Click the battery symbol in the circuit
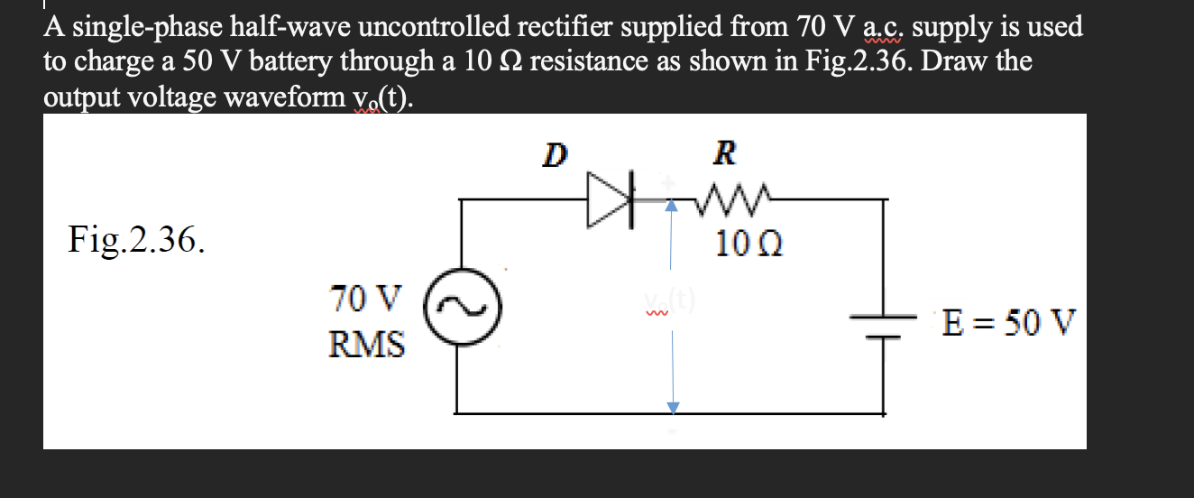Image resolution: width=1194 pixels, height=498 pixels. pyautogui.click(x=884, y=323)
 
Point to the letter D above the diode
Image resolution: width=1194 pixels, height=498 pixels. pyautogui.click(x=556, y=154)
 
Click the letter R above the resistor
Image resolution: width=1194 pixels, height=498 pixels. pyautogui.click(x=724, y=154)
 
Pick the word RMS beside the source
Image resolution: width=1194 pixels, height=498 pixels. pyautogui.click(x=366, y=344)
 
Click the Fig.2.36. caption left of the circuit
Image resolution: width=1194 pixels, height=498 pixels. pyautogui.click(x=136, y=240)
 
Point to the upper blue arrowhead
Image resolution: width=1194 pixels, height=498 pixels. pyautogui.click(x=670, y=207)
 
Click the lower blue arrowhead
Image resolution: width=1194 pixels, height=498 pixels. pyautogui.click(x=671, y=408)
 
